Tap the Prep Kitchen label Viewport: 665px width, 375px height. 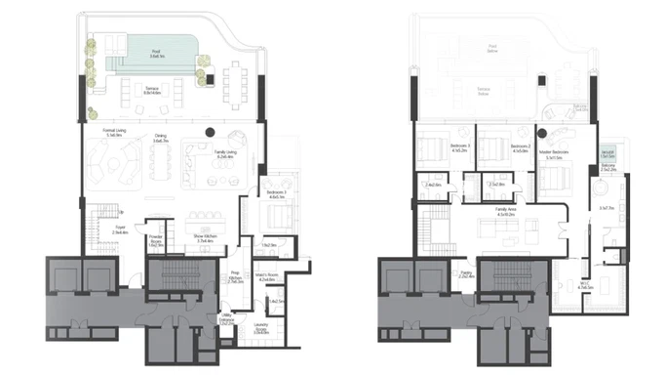(x=235, y=278)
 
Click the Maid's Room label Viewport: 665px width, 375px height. (x=269, y=277)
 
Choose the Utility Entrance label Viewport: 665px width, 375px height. (x=226, y=318)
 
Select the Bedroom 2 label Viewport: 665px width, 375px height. (x=518, y=149)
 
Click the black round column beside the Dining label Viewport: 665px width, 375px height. (x=208, y=132)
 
